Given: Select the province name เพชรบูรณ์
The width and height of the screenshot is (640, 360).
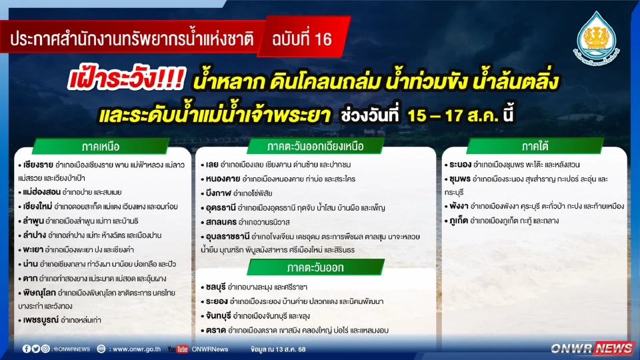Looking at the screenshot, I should (39, 321).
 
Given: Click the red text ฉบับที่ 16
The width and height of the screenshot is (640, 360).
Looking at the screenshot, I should (301, 39).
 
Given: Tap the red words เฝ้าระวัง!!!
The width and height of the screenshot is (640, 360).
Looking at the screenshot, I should (127, 82).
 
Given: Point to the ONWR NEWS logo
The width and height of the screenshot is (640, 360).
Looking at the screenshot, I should (592, 348).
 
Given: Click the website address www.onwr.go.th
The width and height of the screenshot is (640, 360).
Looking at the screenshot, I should (136, 349).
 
